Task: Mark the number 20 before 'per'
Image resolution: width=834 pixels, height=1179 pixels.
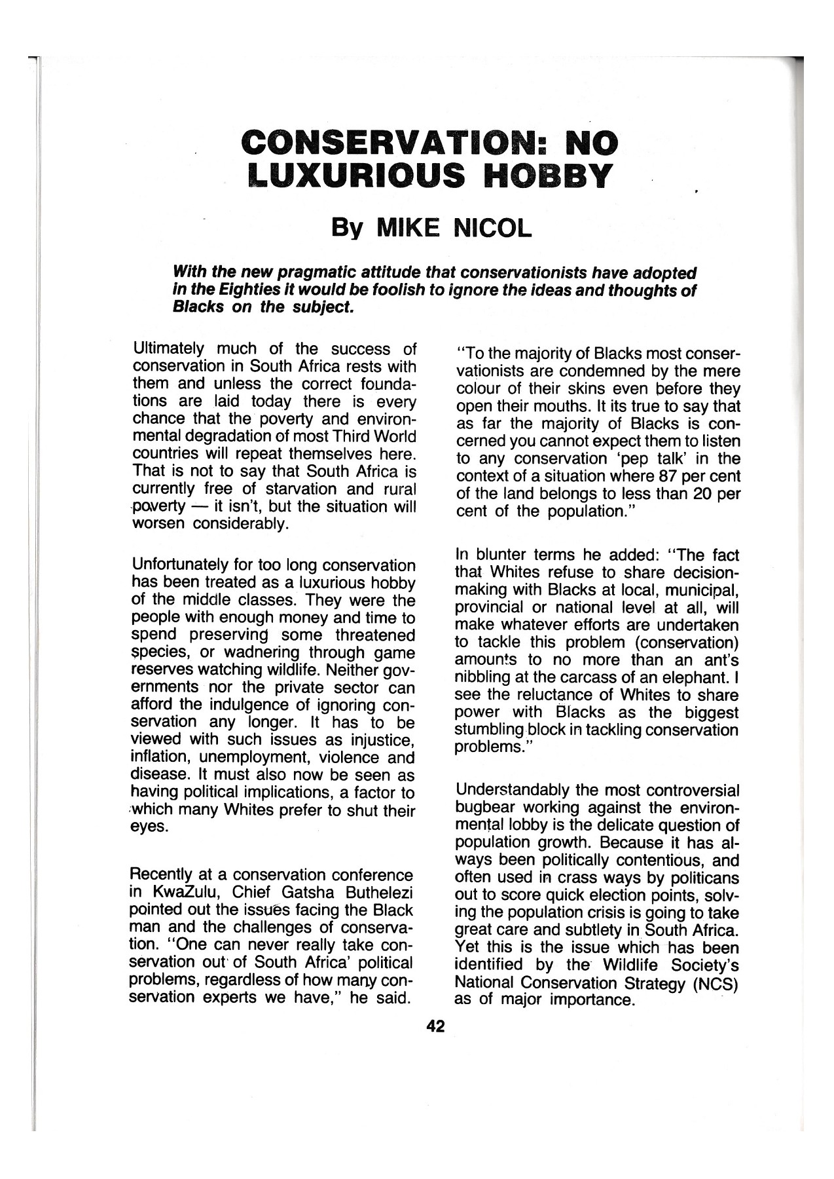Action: point(703,493)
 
